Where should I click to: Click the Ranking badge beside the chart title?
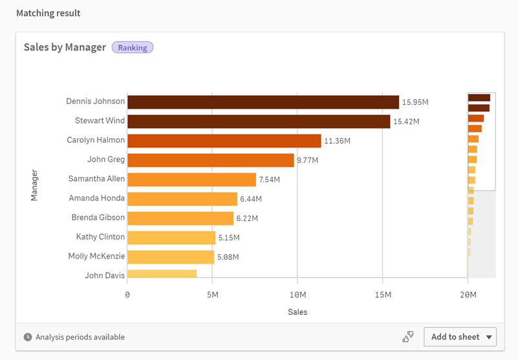point(132,47)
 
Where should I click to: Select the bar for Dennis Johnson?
point(263,102)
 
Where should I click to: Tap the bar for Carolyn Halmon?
point(224,141)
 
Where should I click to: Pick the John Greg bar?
point(210,160)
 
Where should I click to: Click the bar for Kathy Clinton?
point(171,238)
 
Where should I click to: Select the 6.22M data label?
point(247,218)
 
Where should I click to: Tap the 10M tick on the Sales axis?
point(297,295)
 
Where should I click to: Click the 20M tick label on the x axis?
point(467,295)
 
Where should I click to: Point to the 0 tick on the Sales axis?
point(127,295)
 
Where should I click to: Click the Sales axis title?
point(297,312)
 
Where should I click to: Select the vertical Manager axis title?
point(34,185)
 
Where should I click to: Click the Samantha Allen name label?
point(96,178)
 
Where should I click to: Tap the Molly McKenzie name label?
point(96,256)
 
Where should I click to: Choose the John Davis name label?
point(105,275)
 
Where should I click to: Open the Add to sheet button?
point(460,337)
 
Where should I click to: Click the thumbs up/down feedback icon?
point(408,337)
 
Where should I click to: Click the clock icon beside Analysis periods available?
point(28,337)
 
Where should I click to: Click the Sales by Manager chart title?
point(65,47)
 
